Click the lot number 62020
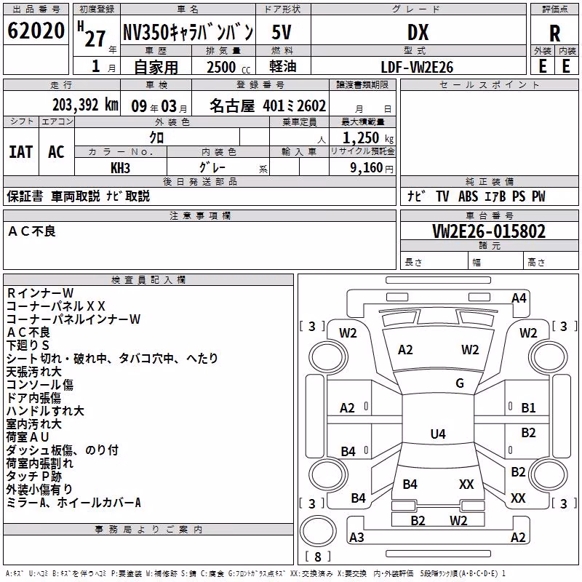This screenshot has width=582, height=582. click(36, 31)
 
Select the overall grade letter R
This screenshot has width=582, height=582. click(554, 33)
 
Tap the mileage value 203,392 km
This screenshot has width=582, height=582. click(85, 105)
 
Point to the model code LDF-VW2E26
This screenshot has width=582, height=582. click(417, 67)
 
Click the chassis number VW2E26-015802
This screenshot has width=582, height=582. click(489, 231)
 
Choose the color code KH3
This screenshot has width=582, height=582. click(120, 168)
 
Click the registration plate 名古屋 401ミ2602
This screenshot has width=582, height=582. click(268, 105)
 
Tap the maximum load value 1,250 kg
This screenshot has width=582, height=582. click(368, 138)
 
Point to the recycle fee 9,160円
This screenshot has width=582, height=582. click(372, 168)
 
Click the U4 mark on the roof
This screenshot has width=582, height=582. click(438, 434)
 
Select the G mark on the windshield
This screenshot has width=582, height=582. click(460, 383)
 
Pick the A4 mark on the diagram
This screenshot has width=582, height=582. click(519, 298)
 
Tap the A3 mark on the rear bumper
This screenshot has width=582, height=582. click(356, 537)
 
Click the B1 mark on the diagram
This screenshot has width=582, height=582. click(528, 408)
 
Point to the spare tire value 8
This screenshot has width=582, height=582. click(318, 557)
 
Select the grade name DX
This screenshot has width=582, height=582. click(418, 33)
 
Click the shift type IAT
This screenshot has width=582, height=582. click(21, 152)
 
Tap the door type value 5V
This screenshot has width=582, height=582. click(282, 33)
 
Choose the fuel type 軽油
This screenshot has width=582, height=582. click(283, 67)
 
